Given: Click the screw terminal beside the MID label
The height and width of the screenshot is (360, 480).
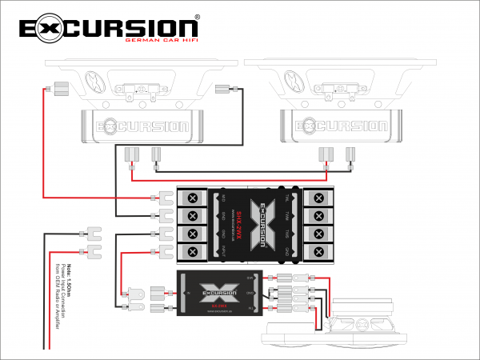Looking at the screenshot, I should point(193,198).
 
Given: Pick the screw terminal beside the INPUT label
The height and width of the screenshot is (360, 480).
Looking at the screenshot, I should point(193,253).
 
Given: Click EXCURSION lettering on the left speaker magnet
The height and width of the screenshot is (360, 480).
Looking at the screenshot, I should point(137,126).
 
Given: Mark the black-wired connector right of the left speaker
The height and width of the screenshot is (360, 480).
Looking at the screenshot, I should point(223,89).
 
